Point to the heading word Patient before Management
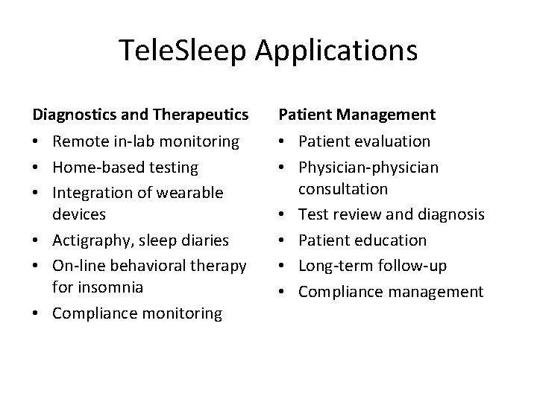click(304, 115)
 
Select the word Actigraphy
click(92, 240)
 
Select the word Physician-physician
click(368, 167)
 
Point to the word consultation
click(343, 189)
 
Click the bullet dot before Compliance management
click(283, 291)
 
